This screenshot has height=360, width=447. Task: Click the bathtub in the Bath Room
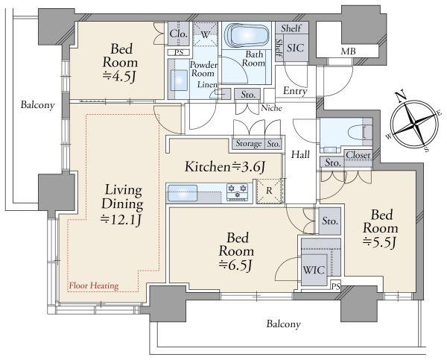[247, 36]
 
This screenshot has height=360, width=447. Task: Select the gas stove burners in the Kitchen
[237, 191]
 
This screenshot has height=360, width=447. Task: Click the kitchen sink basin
[183, 193]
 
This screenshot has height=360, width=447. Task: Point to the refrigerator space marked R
[270, 191]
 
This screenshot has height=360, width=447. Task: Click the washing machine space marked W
[205, 34]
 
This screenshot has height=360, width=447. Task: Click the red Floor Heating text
[94, 285]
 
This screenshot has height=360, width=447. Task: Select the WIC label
[314, 270]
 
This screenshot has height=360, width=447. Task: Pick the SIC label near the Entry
[295, 48]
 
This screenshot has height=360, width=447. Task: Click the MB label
[349, 51]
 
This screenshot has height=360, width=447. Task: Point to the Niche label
[272, 108]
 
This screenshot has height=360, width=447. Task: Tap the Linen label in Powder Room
[207, 85]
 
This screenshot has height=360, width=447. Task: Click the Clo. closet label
[179, 34]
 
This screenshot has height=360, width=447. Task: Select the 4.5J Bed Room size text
[119, 77]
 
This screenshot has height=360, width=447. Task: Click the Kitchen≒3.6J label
[225, 167]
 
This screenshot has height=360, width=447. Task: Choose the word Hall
[300, 154]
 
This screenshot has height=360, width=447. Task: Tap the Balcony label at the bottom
[283, 324]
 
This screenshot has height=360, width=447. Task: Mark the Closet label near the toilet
[358, 155]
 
